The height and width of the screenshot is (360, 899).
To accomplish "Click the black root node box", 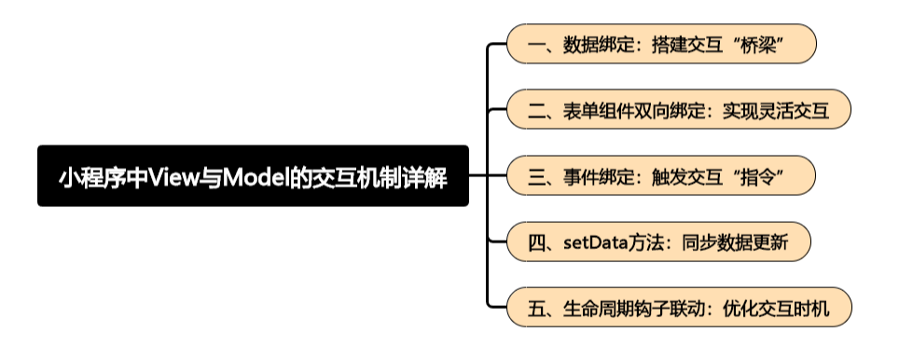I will coord(253,176).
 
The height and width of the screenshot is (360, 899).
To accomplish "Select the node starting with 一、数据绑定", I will coord(661,44).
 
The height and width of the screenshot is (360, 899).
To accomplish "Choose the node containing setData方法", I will coord(657,242).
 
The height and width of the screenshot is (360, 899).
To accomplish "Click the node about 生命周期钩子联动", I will coord(678,308).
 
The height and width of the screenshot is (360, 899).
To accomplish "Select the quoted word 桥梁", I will coord(762,45).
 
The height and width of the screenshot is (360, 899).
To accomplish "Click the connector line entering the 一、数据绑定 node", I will coord(497,45).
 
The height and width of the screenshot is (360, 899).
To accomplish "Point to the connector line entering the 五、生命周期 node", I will coord(497,308).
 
